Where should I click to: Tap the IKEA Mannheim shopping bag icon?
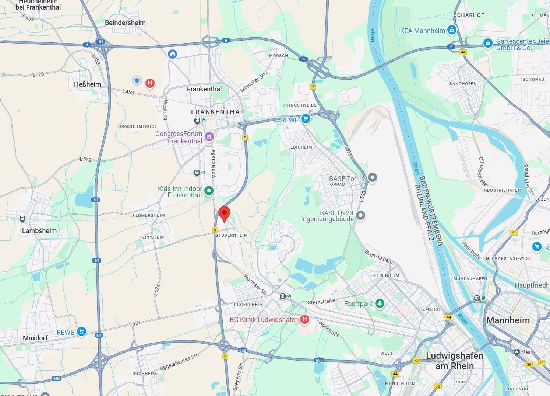452,30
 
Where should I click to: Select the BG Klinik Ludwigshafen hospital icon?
304,319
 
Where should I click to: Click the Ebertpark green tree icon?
380,303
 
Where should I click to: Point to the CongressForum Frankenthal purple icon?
209,137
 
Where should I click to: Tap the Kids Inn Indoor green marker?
209,191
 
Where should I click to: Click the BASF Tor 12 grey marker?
372,178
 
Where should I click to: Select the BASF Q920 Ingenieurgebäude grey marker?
360,215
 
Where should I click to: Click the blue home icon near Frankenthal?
172,54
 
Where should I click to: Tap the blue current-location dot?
137,80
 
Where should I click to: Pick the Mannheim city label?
508,320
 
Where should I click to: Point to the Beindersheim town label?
125,23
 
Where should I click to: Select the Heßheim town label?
87,84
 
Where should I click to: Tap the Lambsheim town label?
39,231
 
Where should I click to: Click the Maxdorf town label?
35,338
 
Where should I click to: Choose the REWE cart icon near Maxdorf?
81,331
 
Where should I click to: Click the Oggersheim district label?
248,305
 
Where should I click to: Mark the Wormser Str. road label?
255,285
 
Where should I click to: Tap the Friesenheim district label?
384,275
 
